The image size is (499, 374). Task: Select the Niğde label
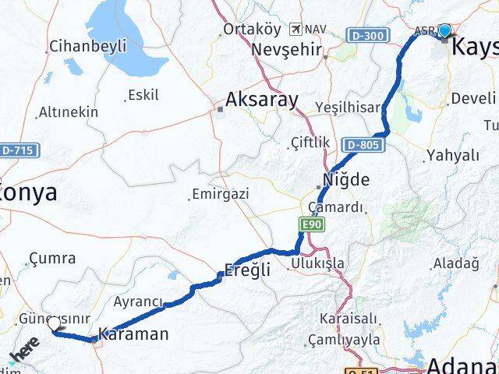347,179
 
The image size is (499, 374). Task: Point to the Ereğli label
246,270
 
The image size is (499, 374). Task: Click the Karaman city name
135,334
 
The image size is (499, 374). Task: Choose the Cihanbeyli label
87,46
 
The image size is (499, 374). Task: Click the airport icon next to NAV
296,29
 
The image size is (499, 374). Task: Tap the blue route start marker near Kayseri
444,31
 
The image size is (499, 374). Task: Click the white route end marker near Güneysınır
55,324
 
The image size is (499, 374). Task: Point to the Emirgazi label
221,193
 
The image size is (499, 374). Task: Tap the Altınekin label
69,111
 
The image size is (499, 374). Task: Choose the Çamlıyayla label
344,340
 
